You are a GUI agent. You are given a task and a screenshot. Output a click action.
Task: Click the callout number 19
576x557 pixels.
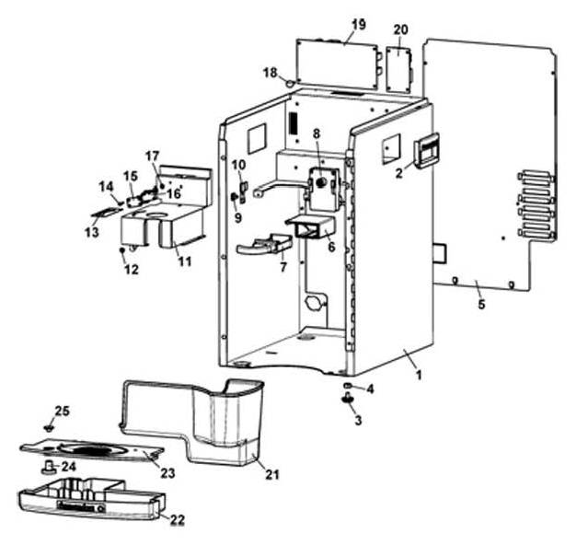359,24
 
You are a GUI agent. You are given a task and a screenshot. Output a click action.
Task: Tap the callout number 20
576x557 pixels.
400,29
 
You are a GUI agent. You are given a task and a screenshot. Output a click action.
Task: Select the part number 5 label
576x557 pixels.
481,304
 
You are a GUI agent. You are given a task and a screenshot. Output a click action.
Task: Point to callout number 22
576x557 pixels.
177,520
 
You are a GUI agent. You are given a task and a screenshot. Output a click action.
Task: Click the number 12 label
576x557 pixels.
132,270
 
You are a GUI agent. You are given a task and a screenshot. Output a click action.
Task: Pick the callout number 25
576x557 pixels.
62,411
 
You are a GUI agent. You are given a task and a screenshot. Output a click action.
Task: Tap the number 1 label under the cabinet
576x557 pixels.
418,375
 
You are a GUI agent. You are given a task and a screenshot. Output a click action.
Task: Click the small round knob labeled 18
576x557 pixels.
290,83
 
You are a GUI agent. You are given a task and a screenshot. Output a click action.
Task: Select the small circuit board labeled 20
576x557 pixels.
399,70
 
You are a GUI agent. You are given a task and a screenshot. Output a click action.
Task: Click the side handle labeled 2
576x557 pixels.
427,150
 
